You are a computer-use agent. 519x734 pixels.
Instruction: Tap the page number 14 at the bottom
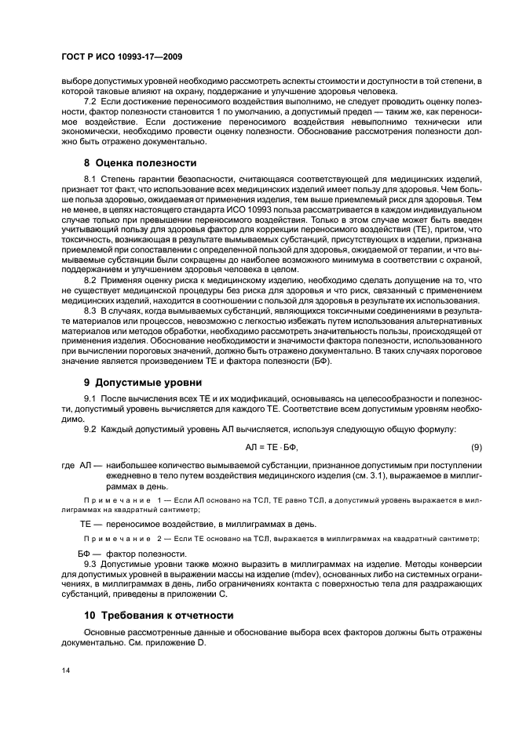[x=65, y=670]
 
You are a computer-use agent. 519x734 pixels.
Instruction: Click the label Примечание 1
[x=118, y=500]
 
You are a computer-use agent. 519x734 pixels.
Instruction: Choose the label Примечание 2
[x=118, y=537]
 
